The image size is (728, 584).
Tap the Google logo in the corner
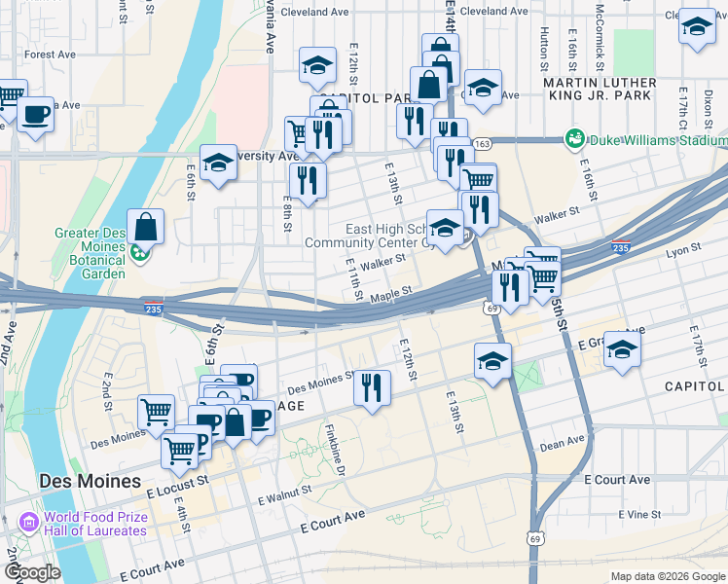31,572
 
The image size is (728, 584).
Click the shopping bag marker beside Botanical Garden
145,229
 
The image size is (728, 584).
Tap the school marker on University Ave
219,164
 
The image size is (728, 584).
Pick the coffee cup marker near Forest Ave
36,114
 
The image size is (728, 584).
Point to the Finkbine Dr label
337,448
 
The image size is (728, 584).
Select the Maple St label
391,291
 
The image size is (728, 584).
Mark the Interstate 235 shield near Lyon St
621,247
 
